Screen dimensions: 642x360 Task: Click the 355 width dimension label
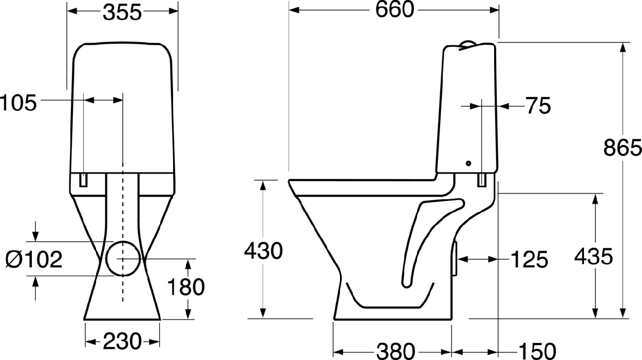[122, 13]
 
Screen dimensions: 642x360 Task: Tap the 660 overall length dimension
[394, 10]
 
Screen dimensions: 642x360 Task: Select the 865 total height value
[622, 147]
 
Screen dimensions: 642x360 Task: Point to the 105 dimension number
[18, 103]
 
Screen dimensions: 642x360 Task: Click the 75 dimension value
[538, 106]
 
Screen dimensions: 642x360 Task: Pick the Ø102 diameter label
[34, 260]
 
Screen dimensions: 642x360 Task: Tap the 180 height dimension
[186, 287]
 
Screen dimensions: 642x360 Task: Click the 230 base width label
[122, 342]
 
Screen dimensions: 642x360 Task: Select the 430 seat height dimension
[263, 251]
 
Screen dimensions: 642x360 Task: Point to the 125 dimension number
[529, 260]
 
